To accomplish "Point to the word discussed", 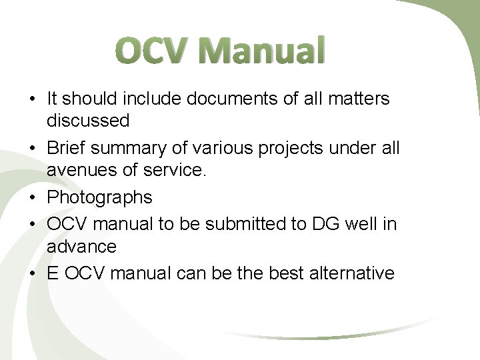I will [87, 121].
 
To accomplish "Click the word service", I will [174, 171].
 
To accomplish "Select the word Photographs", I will [99, 197].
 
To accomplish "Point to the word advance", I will [81, 246].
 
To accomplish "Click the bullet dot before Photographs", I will [32, 198].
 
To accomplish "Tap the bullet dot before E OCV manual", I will [32, 273].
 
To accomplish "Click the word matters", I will [359, 99].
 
